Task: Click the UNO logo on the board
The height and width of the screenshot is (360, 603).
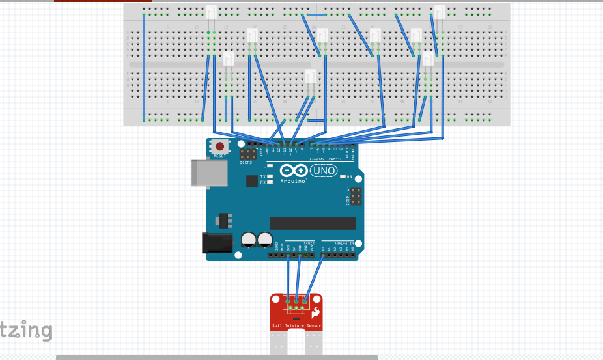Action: [324, 171]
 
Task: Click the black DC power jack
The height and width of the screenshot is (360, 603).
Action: [217, 243]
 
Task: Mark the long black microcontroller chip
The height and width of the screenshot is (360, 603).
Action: [313, 223]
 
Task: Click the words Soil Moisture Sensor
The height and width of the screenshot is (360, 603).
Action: [296, 325]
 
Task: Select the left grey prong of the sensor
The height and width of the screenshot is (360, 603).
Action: [278, 344]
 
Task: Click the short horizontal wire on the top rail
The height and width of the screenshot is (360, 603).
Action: [316, 14]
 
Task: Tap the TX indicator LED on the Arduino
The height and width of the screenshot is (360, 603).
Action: [269, 176]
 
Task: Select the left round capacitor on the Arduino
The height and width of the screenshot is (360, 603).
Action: [249, 240]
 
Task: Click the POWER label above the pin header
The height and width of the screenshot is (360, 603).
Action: [309, 243]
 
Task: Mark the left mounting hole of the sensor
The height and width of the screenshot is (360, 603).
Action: [277, 299]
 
